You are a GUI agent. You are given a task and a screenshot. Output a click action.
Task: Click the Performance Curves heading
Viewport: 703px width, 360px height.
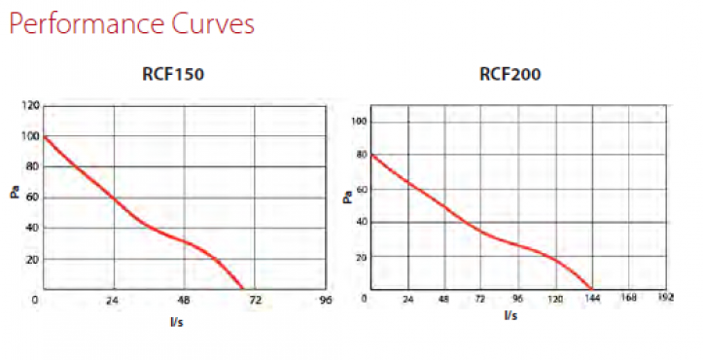(x=131, y=24)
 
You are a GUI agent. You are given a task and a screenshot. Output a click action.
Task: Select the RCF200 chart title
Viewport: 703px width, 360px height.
(x=510, y=74)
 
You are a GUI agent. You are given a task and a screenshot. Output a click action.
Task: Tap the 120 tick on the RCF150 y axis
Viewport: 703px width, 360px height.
(x=32, y=105)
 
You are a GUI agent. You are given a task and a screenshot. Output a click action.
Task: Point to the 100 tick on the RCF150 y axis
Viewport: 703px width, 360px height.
(x=32, y=136)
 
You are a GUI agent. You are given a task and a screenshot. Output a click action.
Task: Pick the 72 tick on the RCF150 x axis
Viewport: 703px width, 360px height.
(x=255, y=302)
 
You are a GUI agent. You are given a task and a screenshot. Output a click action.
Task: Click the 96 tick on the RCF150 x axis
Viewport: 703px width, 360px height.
(x=325, y=302)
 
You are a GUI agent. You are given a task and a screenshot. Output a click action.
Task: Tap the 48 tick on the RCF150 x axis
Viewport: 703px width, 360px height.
(x=184, y=302)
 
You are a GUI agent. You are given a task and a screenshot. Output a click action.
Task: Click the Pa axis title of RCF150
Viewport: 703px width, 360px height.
(x=16, y=193)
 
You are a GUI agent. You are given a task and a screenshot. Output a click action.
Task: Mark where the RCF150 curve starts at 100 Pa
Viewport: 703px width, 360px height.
(x=45, y=136)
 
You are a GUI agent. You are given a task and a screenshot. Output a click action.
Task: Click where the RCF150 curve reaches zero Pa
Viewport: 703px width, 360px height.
(x=243, y=290)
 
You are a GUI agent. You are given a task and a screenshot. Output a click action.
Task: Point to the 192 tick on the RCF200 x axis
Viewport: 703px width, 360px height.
(x=665, y=297)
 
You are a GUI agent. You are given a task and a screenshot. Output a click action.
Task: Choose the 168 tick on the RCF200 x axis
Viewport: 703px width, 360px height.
(x=629, y=297)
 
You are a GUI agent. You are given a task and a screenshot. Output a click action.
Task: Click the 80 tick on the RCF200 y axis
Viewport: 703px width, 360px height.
(x=360, y=155)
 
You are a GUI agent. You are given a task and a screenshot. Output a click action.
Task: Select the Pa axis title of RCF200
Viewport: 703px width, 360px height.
(x=347, y=198)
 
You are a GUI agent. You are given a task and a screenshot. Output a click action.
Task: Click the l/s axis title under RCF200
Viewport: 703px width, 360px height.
(x=510, y=315)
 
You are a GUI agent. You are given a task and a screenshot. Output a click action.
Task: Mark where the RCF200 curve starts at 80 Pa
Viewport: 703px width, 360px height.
(x=371, y=155)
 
